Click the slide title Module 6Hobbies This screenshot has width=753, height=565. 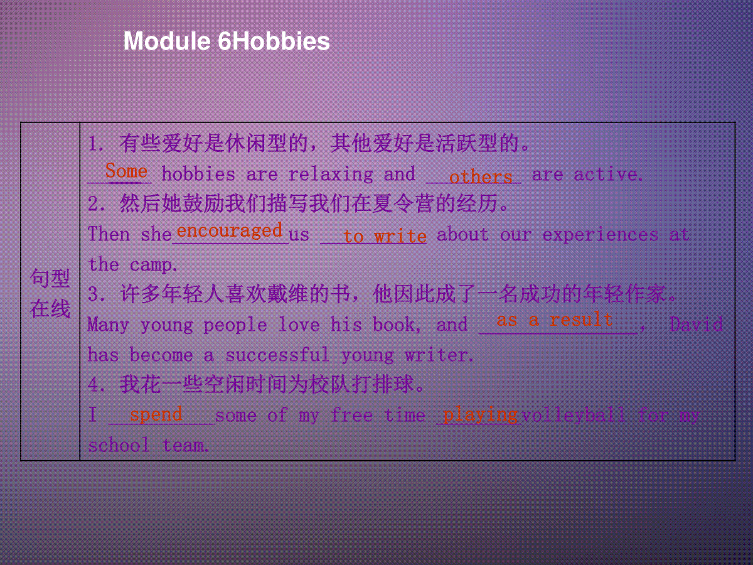coord(227,41)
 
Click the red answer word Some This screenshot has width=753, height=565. coord(127,170)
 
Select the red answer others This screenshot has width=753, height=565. coord(481,176)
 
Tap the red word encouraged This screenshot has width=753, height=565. coord(230,230)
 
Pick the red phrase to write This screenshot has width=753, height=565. coord(385,236)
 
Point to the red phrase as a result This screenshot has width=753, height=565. coord(554,320)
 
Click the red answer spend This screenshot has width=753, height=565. coord(156,414)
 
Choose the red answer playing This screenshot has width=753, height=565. coord(481,415)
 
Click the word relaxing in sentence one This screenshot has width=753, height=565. coord(331,175)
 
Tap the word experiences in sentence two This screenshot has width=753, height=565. coord(601,235)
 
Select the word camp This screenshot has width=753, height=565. coord(153,265)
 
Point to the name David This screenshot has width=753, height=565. coord(696,324)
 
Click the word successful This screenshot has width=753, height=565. coord(277,354)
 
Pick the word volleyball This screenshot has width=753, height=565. coord(574,415)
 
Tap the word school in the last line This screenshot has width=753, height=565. coord(119,445)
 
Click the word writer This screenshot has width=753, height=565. coord(439,355)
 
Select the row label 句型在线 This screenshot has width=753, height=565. coord(50,294)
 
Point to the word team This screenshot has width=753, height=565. coord(185,446)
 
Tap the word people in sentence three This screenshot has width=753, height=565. coord(235,325)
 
